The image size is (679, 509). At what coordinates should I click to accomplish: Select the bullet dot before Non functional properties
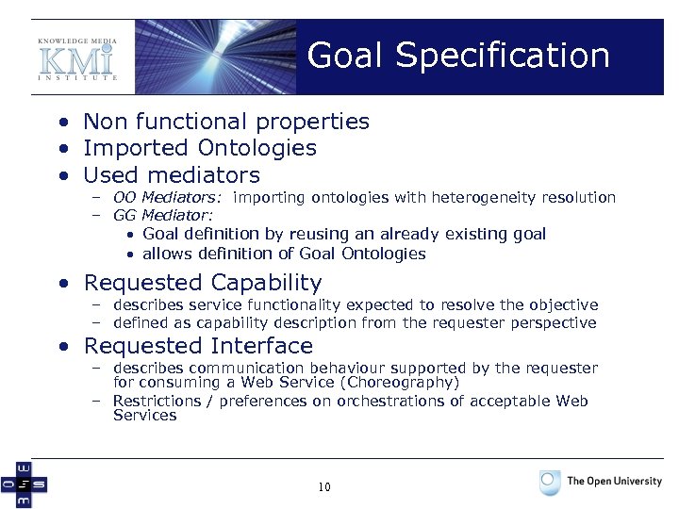[x=61, y=123]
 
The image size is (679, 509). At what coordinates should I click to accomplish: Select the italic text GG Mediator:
[x=162, y=216]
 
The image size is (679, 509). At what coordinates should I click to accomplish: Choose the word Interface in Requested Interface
[x=257, y=346]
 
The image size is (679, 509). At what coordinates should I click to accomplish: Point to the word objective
[x=565, y=305]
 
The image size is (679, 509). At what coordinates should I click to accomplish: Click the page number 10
[x=324, y=487]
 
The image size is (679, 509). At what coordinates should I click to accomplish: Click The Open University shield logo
[x=550, y=483]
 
